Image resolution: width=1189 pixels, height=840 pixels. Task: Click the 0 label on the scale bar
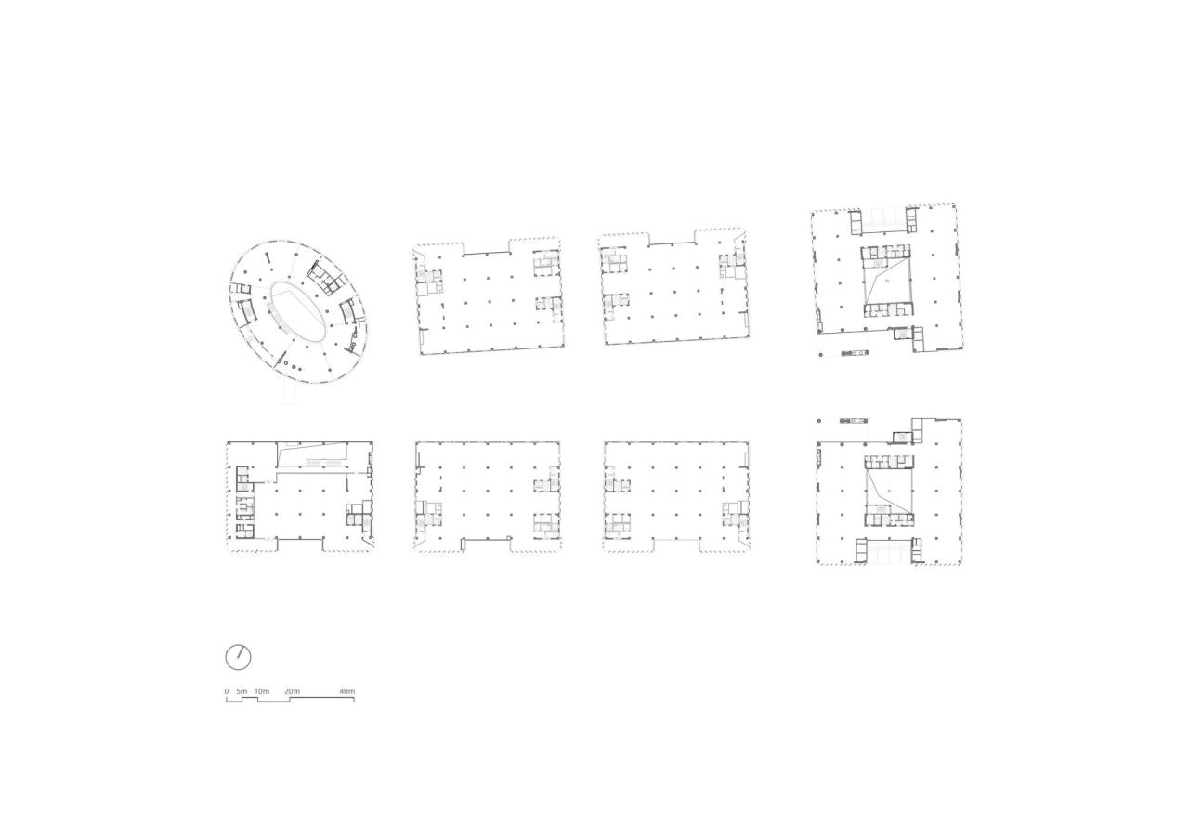tap(227, 691)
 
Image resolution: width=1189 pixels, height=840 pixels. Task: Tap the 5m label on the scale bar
tap(242, 691)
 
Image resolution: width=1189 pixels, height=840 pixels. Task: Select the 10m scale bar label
tap(262, 691)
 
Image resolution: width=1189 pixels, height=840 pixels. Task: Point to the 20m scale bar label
tap(292, 691)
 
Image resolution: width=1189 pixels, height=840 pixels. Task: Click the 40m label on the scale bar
tap(346, 691)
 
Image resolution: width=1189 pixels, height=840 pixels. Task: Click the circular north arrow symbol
tap(238, 657)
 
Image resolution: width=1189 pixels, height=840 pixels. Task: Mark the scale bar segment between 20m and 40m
tap(321, 697)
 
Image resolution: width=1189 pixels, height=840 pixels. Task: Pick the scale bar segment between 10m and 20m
tap(273, 702)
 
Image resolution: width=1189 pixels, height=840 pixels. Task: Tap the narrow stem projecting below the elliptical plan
tap(289, 393)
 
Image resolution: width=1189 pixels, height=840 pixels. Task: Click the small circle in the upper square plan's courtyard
tap(888, 280)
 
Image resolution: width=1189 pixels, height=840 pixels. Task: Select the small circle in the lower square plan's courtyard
tap(889, 489)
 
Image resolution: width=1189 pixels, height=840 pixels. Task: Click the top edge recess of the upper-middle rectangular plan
tap(486, 247)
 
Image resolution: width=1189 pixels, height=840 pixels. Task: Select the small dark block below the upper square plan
tap(850, 353)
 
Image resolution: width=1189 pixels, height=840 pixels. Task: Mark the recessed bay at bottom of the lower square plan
tap(888, 554)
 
